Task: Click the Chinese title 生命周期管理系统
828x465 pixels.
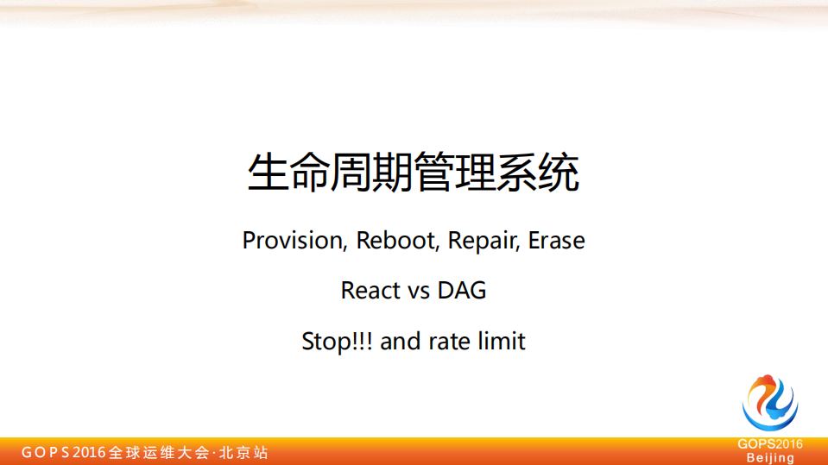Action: click(414, 173)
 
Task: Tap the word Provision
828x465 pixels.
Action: click(293, 240)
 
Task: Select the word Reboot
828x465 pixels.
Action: click(397, 240)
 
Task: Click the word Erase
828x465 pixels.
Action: click(557, 240)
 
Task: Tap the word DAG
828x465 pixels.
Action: click(462, 291)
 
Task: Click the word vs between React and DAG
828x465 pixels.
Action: click(420, 291)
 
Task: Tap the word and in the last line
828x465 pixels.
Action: click(400, 342)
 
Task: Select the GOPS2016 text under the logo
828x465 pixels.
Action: click(770, 444)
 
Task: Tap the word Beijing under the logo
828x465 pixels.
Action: click(770, 457)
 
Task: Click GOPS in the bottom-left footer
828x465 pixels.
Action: click(45, 452)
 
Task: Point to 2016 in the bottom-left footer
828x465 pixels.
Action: click(90, 452)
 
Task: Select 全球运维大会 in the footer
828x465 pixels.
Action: click(159, 452)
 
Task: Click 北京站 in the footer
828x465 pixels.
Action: click(243, 452)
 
